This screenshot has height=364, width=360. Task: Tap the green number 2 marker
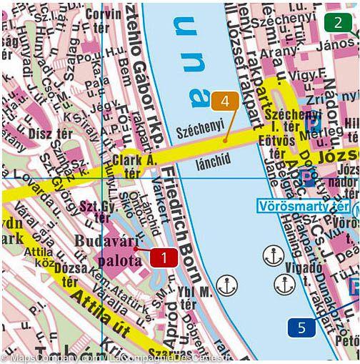click(x=337, y=22)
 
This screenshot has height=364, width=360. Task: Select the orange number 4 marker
click(x=224, y=102)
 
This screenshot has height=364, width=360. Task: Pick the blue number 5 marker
click(x=301, y=328)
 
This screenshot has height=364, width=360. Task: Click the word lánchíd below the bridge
click(x=214, y=164)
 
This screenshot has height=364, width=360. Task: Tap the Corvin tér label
click(x=102, y=19)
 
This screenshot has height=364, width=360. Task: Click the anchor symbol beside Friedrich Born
click(x=226, y=287)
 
